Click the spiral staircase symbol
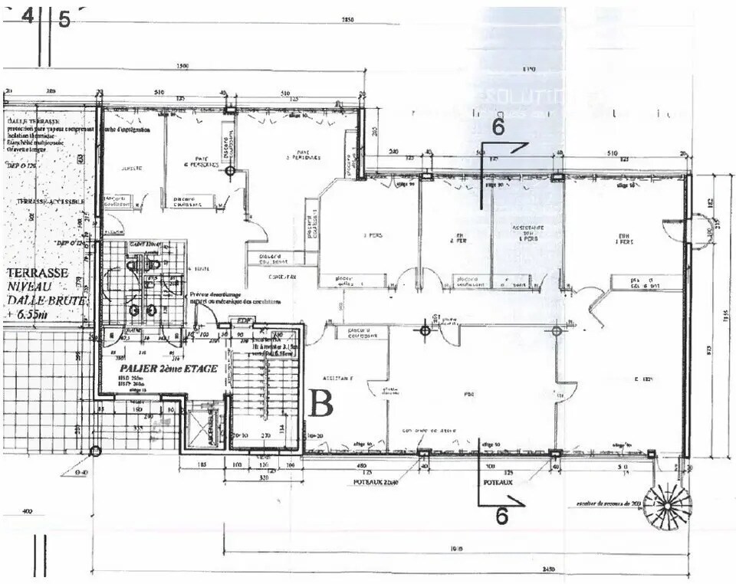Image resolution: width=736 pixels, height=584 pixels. click(x=667, y=507)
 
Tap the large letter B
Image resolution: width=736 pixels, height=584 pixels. click(x=320, y=403)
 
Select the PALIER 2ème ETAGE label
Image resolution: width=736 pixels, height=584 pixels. click(x=168, y=369)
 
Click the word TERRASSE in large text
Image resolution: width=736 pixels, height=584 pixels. click(x=38, y=273)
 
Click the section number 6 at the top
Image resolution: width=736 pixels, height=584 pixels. click(x=498, y=127)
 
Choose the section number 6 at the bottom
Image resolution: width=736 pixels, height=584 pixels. click(x=501, y=517)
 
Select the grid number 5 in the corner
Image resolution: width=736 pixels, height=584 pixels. click(x=64, y=20)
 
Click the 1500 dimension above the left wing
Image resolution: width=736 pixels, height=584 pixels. click(x=182, y=67)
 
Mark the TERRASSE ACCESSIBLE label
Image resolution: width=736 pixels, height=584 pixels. click(x=48, y=202)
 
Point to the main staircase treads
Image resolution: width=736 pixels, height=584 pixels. click(x=264, y=391)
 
